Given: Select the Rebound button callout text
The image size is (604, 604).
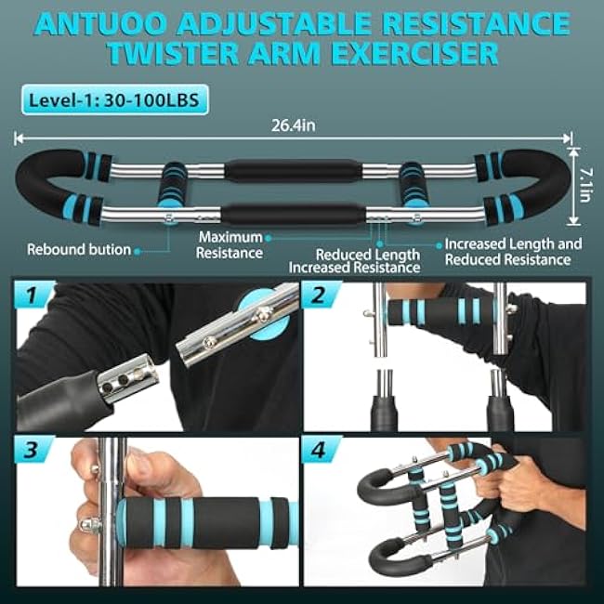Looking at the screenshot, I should tap(78, 249).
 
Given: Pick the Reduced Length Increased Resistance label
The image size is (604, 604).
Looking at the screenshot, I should tap(353, 260).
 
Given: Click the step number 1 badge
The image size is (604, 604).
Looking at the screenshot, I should tap(33, 297).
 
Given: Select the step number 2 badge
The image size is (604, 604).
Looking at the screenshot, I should tap(322, 297).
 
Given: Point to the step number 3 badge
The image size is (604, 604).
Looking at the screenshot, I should tap(33, 452).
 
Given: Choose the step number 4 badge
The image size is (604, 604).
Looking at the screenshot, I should tap(322, 452).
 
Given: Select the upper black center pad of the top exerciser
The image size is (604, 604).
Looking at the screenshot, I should tap(292, 171).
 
